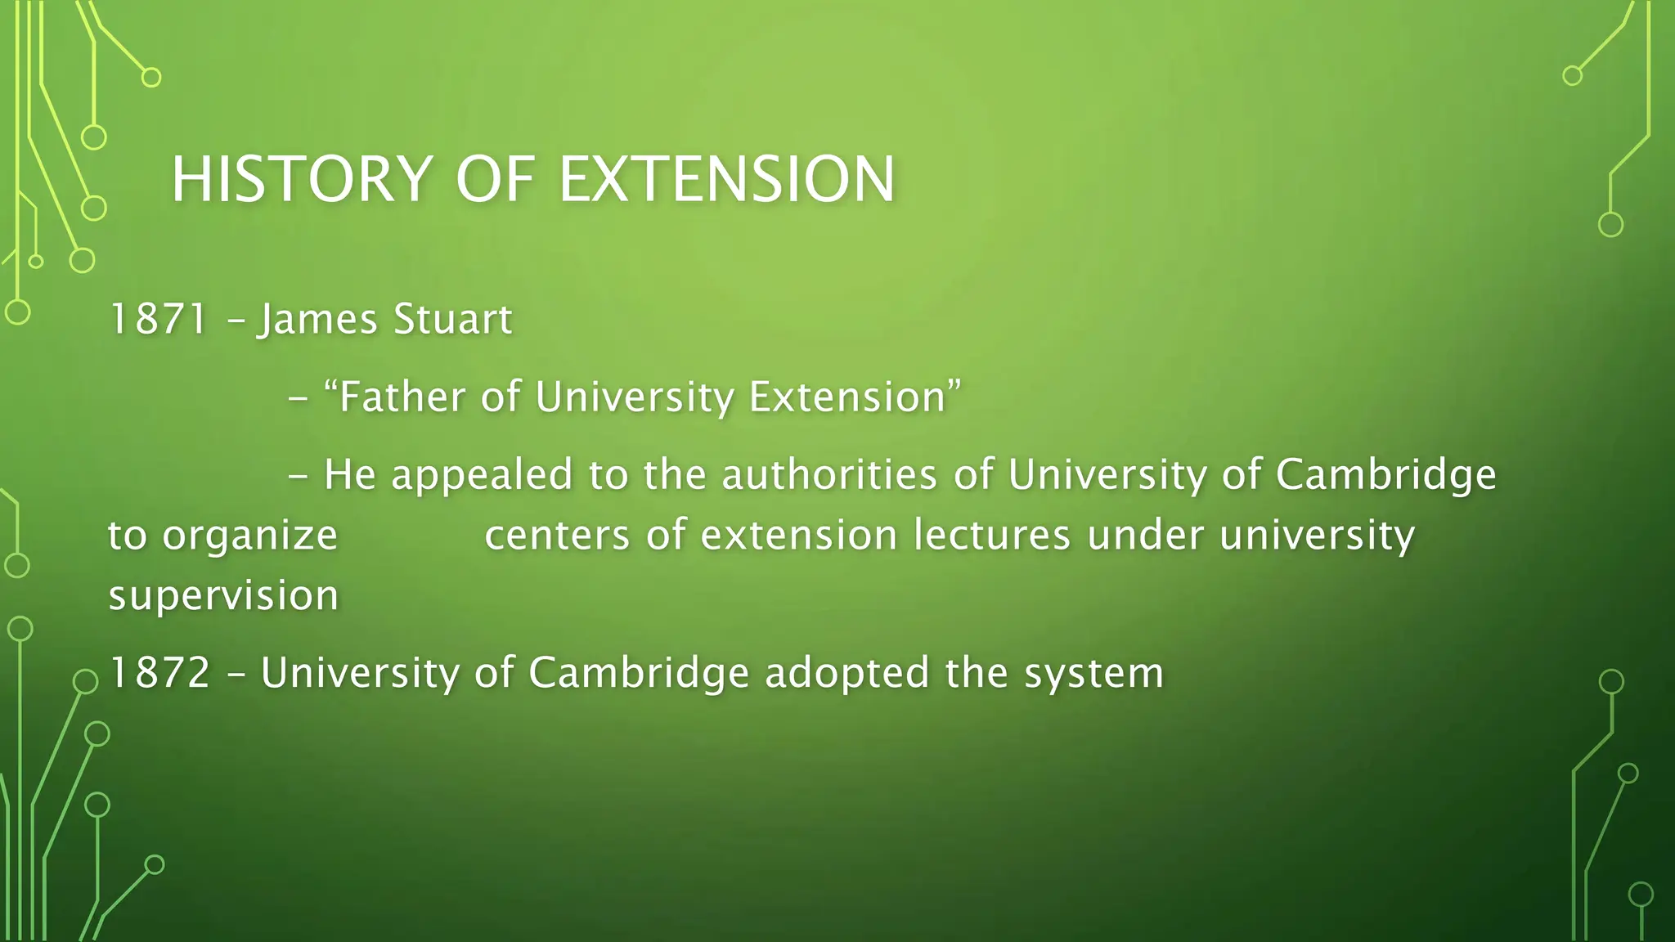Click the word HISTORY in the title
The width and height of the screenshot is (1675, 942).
[301, 179]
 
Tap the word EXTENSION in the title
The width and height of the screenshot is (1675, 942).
[726, 179]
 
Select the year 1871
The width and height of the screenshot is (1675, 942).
[158, 320]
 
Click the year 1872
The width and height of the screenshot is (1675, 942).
[159, 674]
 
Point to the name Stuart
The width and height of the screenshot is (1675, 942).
[452, 320]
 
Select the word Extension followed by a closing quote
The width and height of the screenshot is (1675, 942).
[853, 397]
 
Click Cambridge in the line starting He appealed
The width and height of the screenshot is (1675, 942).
[1385, 475]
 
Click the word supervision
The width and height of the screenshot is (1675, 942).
[223, 596]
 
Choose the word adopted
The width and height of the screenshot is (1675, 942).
[846, 674]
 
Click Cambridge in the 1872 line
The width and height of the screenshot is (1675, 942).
[639, 674]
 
